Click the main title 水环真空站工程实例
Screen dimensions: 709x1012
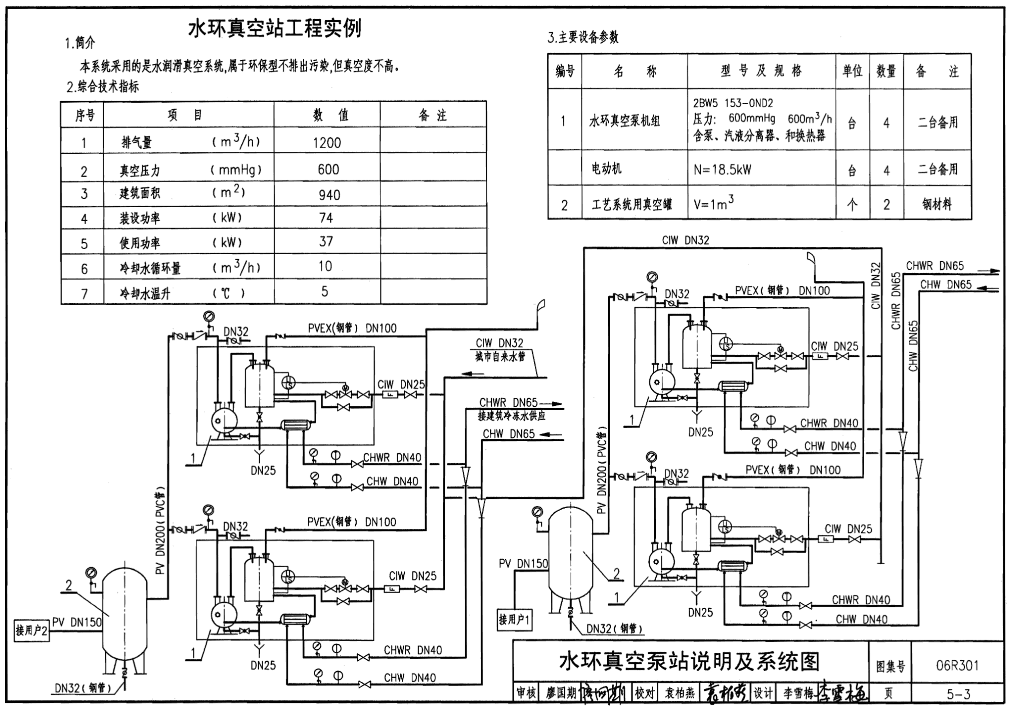click(x=275, y=28)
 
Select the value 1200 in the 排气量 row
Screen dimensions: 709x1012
click(x=327, y=143)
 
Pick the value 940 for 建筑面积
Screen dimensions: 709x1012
click(x=329, y=195)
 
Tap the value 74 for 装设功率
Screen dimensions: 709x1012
click(x=326, y=218)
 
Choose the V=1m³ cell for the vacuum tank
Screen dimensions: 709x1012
click(x=713, y=204)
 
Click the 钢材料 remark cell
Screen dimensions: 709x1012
click(x=937, y=204)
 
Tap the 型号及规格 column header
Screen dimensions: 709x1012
click(x=761, y=71)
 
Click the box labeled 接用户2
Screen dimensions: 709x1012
click(x=31, y=631)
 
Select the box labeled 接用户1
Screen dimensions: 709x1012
click(x=514, y=619)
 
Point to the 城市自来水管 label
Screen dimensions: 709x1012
click(x=500, y=357)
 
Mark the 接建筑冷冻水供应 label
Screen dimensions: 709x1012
click(x=512, y=416)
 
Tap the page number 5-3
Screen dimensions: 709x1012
click(x=958, y=694)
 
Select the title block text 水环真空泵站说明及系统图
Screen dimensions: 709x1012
click(x=689, y=661)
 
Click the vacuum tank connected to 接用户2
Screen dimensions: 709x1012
click(x=124, y=615)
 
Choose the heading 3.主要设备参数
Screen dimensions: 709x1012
click(x=583, y=37)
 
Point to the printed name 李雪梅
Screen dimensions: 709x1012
click(x=798, y=693)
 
